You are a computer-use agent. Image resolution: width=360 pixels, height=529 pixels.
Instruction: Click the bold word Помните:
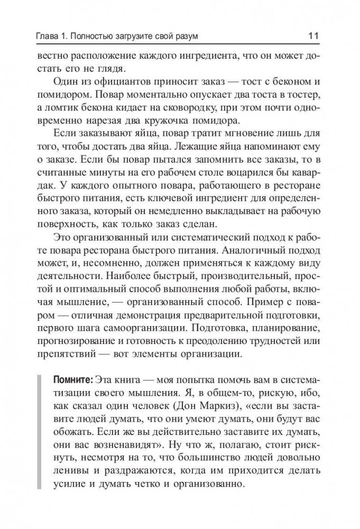coord(73,381)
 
